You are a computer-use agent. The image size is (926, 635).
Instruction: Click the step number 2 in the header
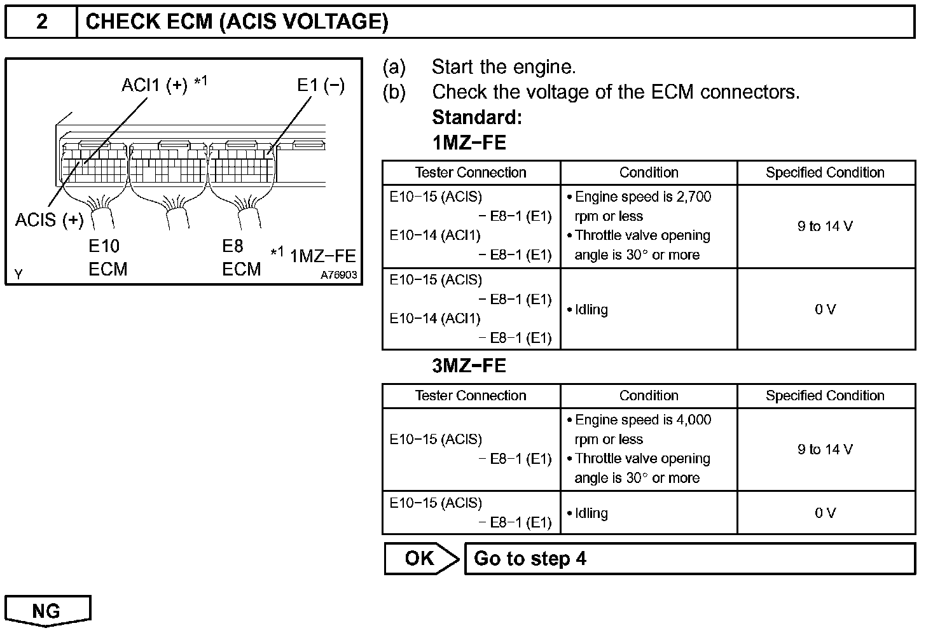tap(41, 22)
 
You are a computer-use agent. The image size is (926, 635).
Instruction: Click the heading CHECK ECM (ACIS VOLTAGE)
tap(237, 22)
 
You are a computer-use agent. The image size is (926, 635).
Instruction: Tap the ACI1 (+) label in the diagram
tap(155, 85)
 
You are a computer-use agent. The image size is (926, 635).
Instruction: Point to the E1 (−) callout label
tap(321, 85)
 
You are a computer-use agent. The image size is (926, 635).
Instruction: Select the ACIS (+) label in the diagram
tap(50, 220)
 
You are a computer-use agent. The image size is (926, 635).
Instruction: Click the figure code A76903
tap(338, 275)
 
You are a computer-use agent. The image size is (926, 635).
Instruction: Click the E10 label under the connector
tap(104, 246)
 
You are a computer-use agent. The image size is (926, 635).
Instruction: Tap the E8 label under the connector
tap(233, 246)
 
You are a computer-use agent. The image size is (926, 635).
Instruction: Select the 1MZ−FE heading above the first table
tap(469, 143)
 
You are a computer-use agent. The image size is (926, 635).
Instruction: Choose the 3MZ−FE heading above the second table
tap(469, 366)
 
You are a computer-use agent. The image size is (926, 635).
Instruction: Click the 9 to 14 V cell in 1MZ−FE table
tap(825, 226)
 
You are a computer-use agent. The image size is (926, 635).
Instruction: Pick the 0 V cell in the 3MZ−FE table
tap(825, 513)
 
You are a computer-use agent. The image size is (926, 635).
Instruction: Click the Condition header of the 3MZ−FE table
tap(649, 396)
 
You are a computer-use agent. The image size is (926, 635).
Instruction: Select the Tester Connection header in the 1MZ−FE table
tap(471, 172)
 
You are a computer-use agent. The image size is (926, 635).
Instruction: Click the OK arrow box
tap(420, 559)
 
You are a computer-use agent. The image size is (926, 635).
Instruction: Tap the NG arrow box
tap(47, 611)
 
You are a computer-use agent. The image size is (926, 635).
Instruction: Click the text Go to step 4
tap(530, 559)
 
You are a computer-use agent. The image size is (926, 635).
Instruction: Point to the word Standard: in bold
tap(477, 118)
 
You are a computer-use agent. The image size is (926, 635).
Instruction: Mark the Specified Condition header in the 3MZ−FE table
tap(825, 396)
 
